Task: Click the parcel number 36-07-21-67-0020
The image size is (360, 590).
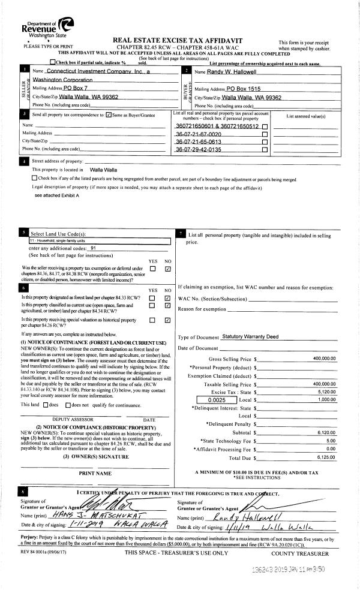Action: tap(198, 134)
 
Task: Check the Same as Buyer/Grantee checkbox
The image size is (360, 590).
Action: tap(108, 114)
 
